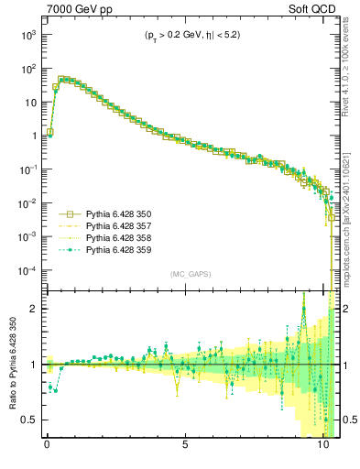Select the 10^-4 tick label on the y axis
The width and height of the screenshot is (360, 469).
coord(27,270)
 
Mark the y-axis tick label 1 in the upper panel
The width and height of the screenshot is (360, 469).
coord(33,136)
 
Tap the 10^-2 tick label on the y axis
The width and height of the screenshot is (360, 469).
coord(27,203)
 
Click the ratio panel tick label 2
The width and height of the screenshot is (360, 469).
coord(34,309)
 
